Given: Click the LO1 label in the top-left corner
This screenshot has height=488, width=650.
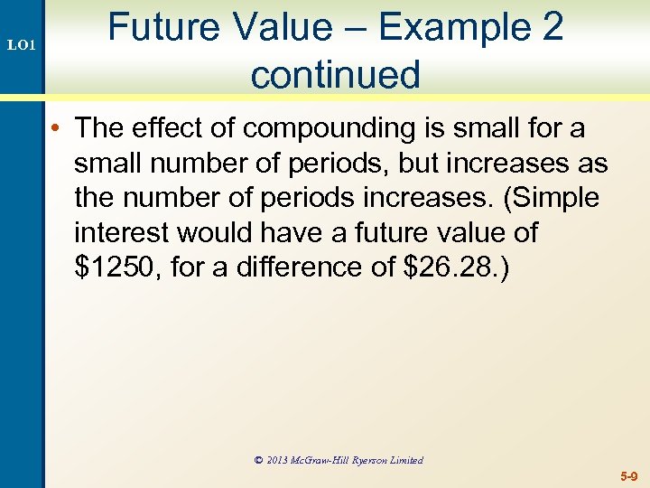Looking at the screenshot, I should point(22,43).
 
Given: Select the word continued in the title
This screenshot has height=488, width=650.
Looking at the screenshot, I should point(336,74).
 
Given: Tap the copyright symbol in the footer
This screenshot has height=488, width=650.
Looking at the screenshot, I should point(259,460).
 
